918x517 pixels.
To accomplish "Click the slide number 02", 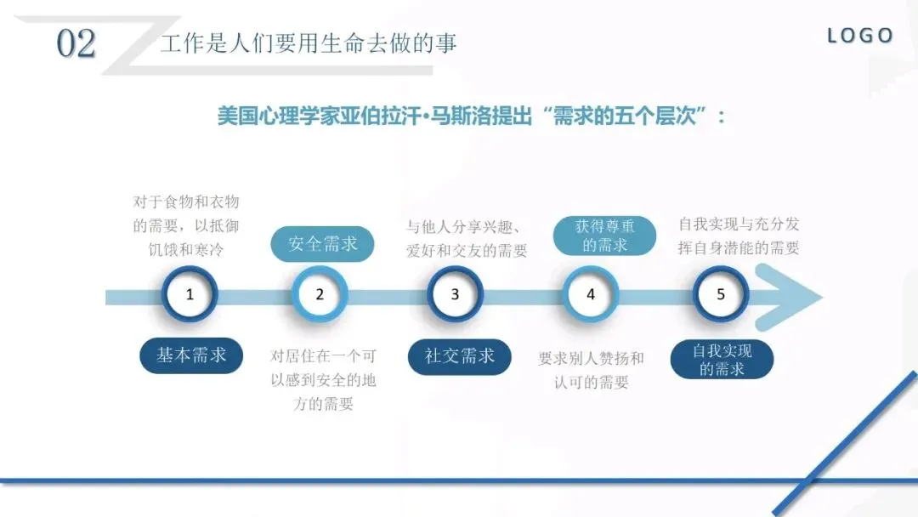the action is [x=76, y=43].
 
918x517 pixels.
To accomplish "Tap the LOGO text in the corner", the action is [x=860, y=36].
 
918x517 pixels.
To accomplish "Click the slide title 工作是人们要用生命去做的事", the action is [x=309, y=43].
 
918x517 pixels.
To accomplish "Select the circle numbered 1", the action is [x=190, y=295].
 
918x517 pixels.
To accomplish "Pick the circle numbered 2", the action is [x=320, y=295].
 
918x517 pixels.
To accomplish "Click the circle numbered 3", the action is [x=455, y=295].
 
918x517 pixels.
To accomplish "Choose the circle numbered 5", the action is [x=721, y=295].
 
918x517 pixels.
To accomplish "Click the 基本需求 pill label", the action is [x=191, y=355].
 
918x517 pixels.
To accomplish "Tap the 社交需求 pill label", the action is [x=460, y=355].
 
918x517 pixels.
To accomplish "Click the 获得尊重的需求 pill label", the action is [x=605, y=236].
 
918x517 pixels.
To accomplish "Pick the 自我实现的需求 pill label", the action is [x=722, y=360].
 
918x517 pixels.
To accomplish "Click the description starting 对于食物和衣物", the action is [x=186, y=225].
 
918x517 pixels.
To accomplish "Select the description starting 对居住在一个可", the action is [x=323, y=380].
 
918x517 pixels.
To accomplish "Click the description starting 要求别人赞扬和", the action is [x=591, y=370].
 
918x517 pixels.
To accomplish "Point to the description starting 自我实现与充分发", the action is [x=739, y=236].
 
